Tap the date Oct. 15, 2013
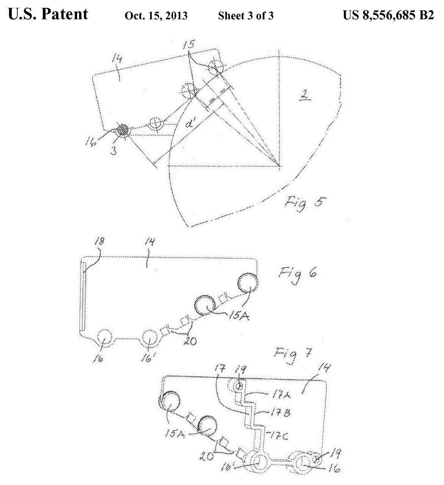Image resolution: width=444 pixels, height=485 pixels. [156, 16]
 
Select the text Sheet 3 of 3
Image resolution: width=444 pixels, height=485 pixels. [245, 16]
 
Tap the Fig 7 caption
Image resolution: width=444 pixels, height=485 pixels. [293, 355]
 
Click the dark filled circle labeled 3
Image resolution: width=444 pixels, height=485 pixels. [123, 131]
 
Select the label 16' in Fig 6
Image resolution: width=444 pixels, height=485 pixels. [150, 358]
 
